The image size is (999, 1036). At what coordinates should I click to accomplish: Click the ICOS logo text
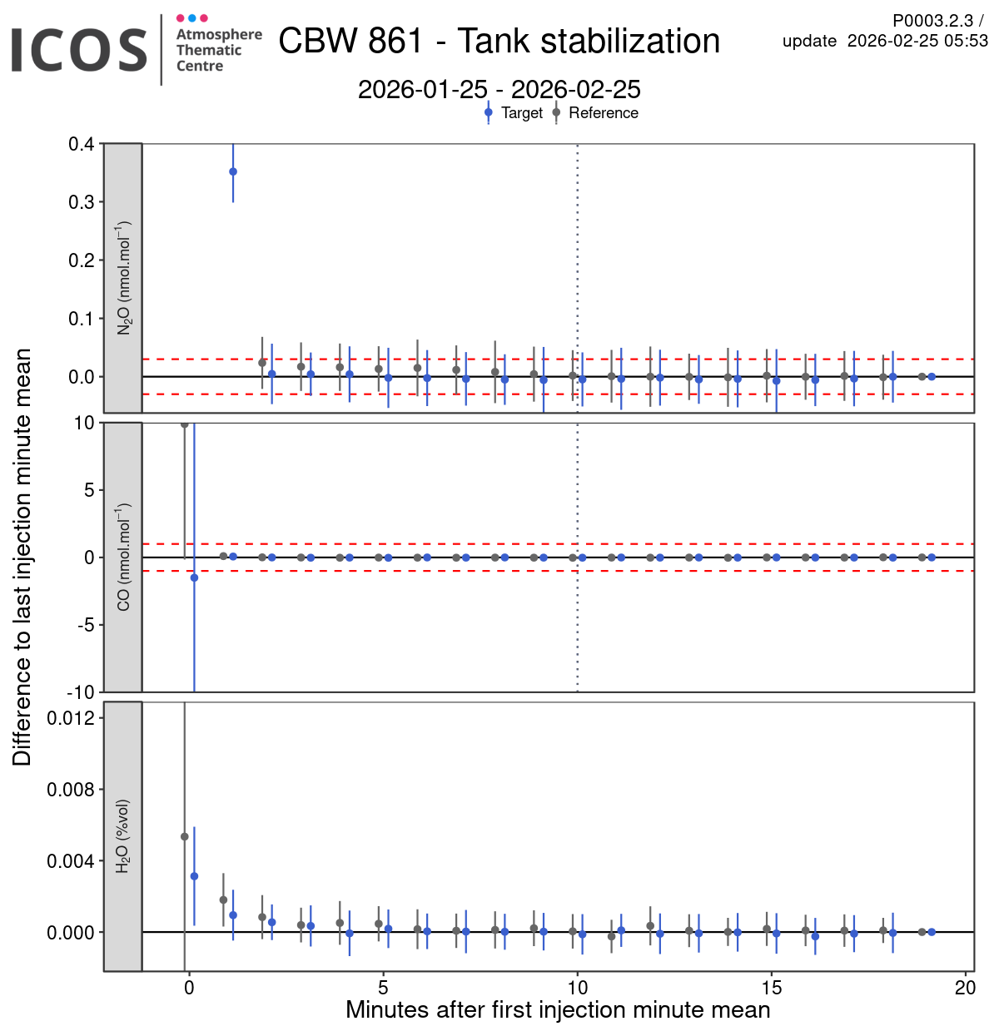79,50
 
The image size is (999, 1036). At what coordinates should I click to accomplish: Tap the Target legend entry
521,113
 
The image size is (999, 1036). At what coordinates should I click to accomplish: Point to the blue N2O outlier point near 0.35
233,172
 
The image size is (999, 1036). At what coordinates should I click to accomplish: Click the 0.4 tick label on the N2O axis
82,144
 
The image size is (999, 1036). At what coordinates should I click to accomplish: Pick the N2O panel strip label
123,278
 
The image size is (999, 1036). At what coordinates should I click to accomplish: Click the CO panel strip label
123,557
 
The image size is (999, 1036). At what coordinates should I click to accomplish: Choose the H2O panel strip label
123,835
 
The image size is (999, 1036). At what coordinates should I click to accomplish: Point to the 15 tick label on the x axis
772,988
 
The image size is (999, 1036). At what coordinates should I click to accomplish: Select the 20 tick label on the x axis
966,988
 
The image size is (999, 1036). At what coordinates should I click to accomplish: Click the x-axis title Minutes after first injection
558,1010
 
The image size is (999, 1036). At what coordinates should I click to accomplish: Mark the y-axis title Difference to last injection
22,557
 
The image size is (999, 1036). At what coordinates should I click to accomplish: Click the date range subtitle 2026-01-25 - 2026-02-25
499,90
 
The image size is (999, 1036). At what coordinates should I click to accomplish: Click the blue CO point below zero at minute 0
194,577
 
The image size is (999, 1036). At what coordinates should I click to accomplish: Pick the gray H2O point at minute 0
185,836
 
